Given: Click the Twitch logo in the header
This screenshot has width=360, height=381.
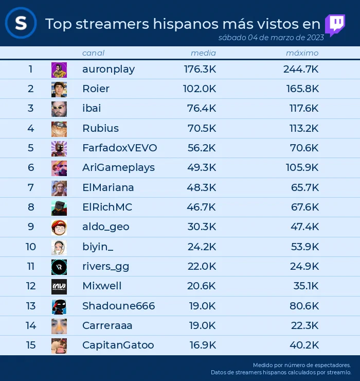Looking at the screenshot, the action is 335,25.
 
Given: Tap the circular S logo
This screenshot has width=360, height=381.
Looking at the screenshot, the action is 21,23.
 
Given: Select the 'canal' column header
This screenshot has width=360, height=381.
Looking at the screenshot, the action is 93,53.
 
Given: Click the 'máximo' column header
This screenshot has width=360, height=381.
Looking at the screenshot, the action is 302,53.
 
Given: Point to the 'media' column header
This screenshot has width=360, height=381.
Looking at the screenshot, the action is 203,53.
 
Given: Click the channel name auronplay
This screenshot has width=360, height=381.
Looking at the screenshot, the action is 109,70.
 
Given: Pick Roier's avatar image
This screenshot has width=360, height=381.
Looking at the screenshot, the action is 59,90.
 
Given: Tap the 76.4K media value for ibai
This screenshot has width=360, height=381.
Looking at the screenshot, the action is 201,108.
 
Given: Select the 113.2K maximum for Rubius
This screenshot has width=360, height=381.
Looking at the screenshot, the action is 303,128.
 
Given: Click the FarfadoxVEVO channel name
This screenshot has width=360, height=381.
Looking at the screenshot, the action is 120,148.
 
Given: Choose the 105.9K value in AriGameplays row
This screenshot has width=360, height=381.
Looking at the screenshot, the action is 302,167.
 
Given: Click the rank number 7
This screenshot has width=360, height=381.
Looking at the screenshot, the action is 30,187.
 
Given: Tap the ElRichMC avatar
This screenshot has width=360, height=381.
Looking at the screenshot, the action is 59,208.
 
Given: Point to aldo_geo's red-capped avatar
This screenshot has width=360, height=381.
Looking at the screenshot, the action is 59,228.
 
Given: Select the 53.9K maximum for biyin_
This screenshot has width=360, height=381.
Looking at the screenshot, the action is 305,247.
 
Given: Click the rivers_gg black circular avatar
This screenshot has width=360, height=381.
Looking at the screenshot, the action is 59,267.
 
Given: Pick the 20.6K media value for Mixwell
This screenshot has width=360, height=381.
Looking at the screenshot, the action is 201,286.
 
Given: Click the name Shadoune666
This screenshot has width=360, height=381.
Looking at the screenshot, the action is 118,306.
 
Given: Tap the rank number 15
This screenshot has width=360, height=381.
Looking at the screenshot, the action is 31,345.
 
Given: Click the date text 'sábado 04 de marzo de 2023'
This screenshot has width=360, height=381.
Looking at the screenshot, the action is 271,38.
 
